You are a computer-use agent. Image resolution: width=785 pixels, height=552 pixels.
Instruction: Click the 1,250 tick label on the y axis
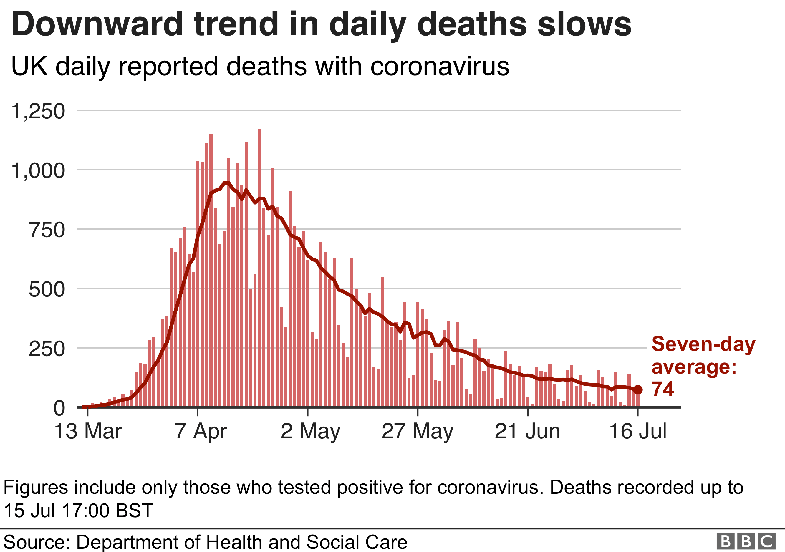pyautogui.click(x=38, y=111)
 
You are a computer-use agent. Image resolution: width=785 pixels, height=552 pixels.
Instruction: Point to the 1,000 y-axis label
pyautogui.click(x=38, y=170)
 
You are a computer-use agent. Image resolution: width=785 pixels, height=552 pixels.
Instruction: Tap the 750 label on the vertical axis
pyautogui.click(x=47, y=230)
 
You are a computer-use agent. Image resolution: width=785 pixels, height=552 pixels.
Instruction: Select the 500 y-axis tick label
pyautogui.click(x=47, y=289)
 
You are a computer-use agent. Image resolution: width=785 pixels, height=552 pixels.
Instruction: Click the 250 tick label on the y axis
pyautogui.click(x=47, y=349)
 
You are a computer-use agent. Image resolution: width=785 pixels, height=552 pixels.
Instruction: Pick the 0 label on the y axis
pyautogui.click(x=59, y=408)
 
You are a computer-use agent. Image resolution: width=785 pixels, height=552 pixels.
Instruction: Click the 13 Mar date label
pyautogui.click(x=88, y=431)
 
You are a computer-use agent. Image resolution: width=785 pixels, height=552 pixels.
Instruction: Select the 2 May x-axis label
pyautogui.click(x=310, y=431)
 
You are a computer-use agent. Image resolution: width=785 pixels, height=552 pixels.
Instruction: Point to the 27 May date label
pyautogui.click(x=418, y=431)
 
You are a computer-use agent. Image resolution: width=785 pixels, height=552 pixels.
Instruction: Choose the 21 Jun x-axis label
pyautogui.click(x=528, y=431)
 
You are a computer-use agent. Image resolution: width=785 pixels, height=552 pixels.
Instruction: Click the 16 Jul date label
pyautogui.click(x=638, y=431)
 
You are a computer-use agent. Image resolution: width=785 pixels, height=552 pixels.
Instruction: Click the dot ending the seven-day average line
pyautogui.click(x=638, y=390)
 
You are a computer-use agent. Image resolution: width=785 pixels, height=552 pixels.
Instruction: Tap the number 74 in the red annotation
pyautogui.click(x=663, y=389)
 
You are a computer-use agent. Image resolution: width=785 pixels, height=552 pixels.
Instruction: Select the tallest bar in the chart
pyautogui.click(x=259, y=267)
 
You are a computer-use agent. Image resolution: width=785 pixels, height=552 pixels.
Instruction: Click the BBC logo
pyautogui.click(x=746, y=541)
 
